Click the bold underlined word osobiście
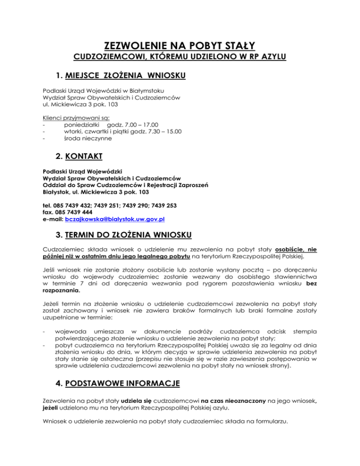(x=297, y=250)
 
